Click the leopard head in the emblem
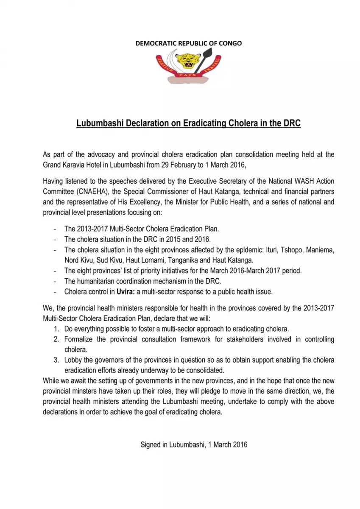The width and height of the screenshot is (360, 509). [188, 61]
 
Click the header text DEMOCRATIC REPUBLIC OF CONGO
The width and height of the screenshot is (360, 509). [188, 43]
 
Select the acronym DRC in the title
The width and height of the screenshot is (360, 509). [291, 123]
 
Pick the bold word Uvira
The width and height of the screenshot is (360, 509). [125, 292]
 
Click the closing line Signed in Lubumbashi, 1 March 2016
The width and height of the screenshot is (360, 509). [194, 445]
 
